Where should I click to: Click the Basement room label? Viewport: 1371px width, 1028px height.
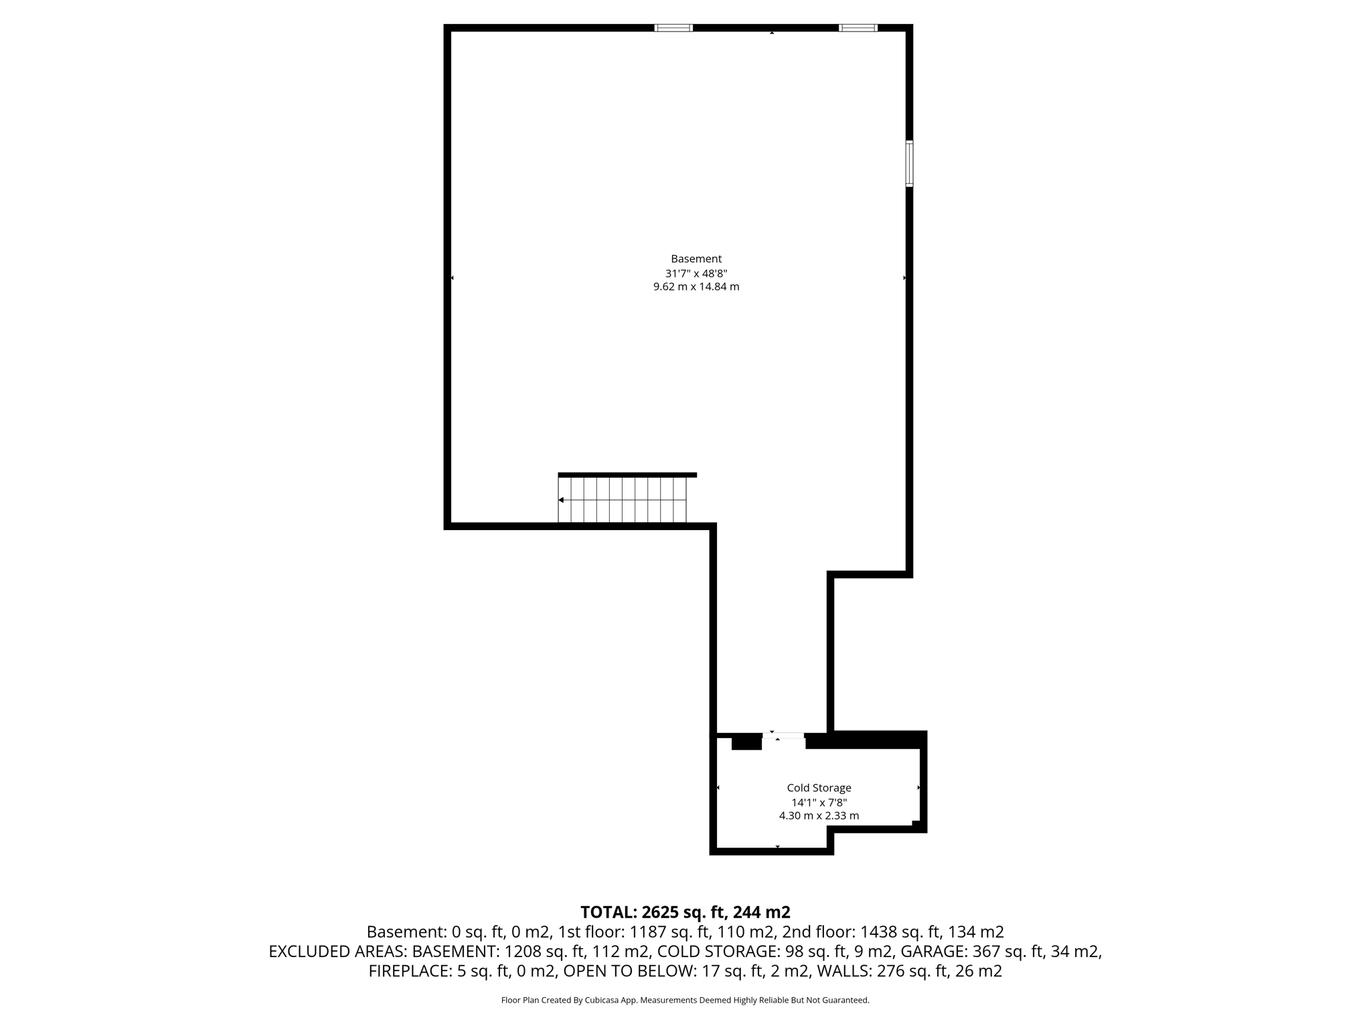(696, 259)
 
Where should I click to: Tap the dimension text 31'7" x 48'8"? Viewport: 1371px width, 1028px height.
(696, 273)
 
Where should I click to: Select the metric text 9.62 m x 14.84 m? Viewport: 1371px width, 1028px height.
(696, 287)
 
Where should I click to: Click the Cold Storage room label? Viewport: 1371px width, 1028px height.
(819, 788)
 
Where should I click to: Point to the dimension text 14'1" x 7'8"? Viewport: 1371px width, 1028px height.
(819, 802)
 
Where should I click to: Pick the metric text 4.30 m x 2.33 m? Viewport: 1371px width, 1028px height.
(819, 816)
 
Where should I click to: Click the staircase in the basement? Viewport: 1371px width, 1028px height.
(623, 500)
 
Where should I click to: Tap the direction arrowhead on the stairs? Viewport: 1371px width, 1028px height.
(561, 500)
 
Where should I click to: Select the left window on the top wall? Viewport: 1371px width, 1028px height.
(673, 28)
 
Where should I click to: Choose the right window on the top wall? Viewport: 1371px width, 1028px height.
(858, 28)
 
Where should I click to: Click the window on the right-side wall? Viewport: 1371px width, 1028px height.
(909, 163)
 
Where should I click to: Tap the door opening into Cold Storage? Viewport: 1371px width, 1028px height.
(783, 736)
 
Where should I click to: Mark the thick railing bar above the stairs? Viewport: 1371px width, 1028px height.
(627, 475)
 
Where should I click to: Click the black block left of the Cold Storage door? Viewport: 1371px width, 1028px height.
(746, 742)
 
